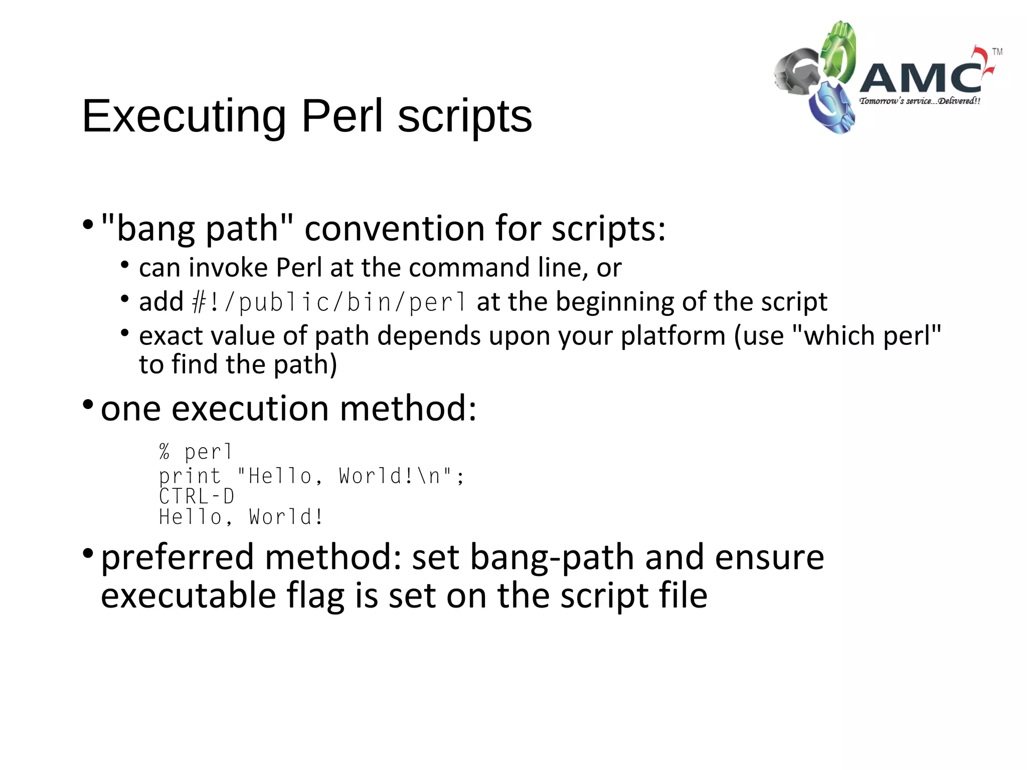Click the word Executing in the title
pos(184,116)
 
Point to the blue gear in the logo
pos(830,108)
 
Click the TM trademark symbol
pos(997,52)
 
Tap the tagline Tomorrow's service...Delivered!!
pos(919,101)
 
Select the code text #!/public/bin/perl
pos(329,302)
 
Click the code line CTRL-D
pos(197,496)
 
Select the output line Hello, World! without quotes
pos(241,517)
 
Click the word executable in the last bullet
pos(189,596)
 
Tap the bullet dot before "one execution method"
pos(88,404)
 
